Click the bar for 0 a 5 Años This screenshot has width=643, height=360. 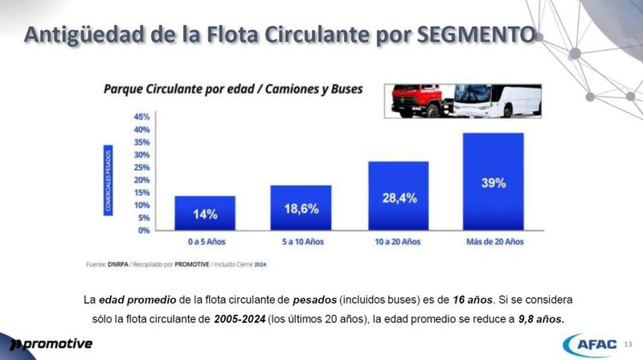[x=206, y=213]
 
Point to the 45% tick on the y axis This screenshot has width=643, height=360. [x=141, y=117]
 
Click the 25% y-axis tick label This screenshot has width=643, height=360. [x=141, y=167]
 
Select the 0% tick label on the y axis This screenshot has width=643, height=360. [x=143, y=230]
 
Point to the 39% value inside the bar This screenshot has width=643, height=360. [x=493, y=183]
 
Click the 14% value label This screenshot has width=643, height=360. [x=204, y=215]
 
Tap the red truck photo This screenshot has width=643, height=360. [x=418, y=102]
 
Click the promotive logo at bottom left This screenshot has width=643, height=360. [x=50, y=344]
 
